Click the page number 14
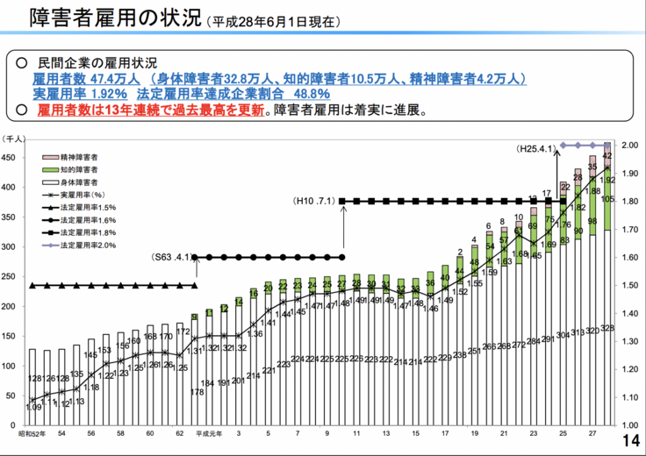(629, 441)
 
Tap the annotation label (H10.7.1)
(314, 201)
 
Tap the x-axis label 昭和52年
(32, 434)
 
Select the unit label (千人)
(16, 139)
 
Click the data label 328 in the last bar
(607, 328)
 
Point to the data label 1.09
(33, 407)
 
